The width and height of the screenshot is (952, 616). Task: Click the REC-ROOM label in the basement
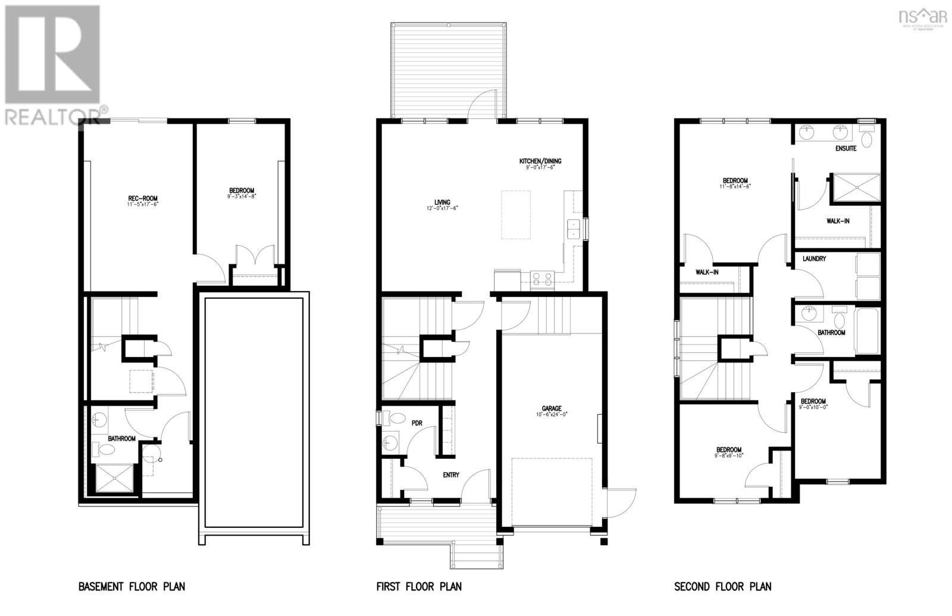click(143, 198)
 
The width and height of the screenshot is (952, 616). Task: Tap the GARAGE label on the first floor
click(551, 408)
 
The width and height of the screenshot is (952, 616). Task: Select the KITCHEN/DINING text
click(540, 161)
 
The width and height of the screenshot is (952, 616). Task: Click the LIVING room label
click(442, 202)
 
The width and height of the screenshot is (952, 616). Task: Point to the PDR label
click(416, 423)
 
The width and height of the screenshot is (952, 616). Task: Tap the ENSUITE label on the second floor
click(845, 148)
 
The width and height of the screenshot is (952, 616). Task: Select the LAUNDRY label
click(813, 259)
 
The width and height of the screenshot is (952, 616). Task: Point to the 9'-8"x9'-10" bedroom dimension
click(728, 456)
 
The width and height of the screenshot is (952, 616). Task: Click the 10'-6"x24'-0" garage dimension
click(551, 415)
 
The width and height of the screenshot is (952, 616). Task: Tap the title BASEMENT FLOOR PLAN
click(131, 587)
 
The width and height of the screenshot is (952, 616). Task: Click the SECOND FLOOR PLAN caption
click(722, 587)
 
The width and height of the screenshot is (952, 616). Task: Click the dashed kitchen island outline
click(516, 215)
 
